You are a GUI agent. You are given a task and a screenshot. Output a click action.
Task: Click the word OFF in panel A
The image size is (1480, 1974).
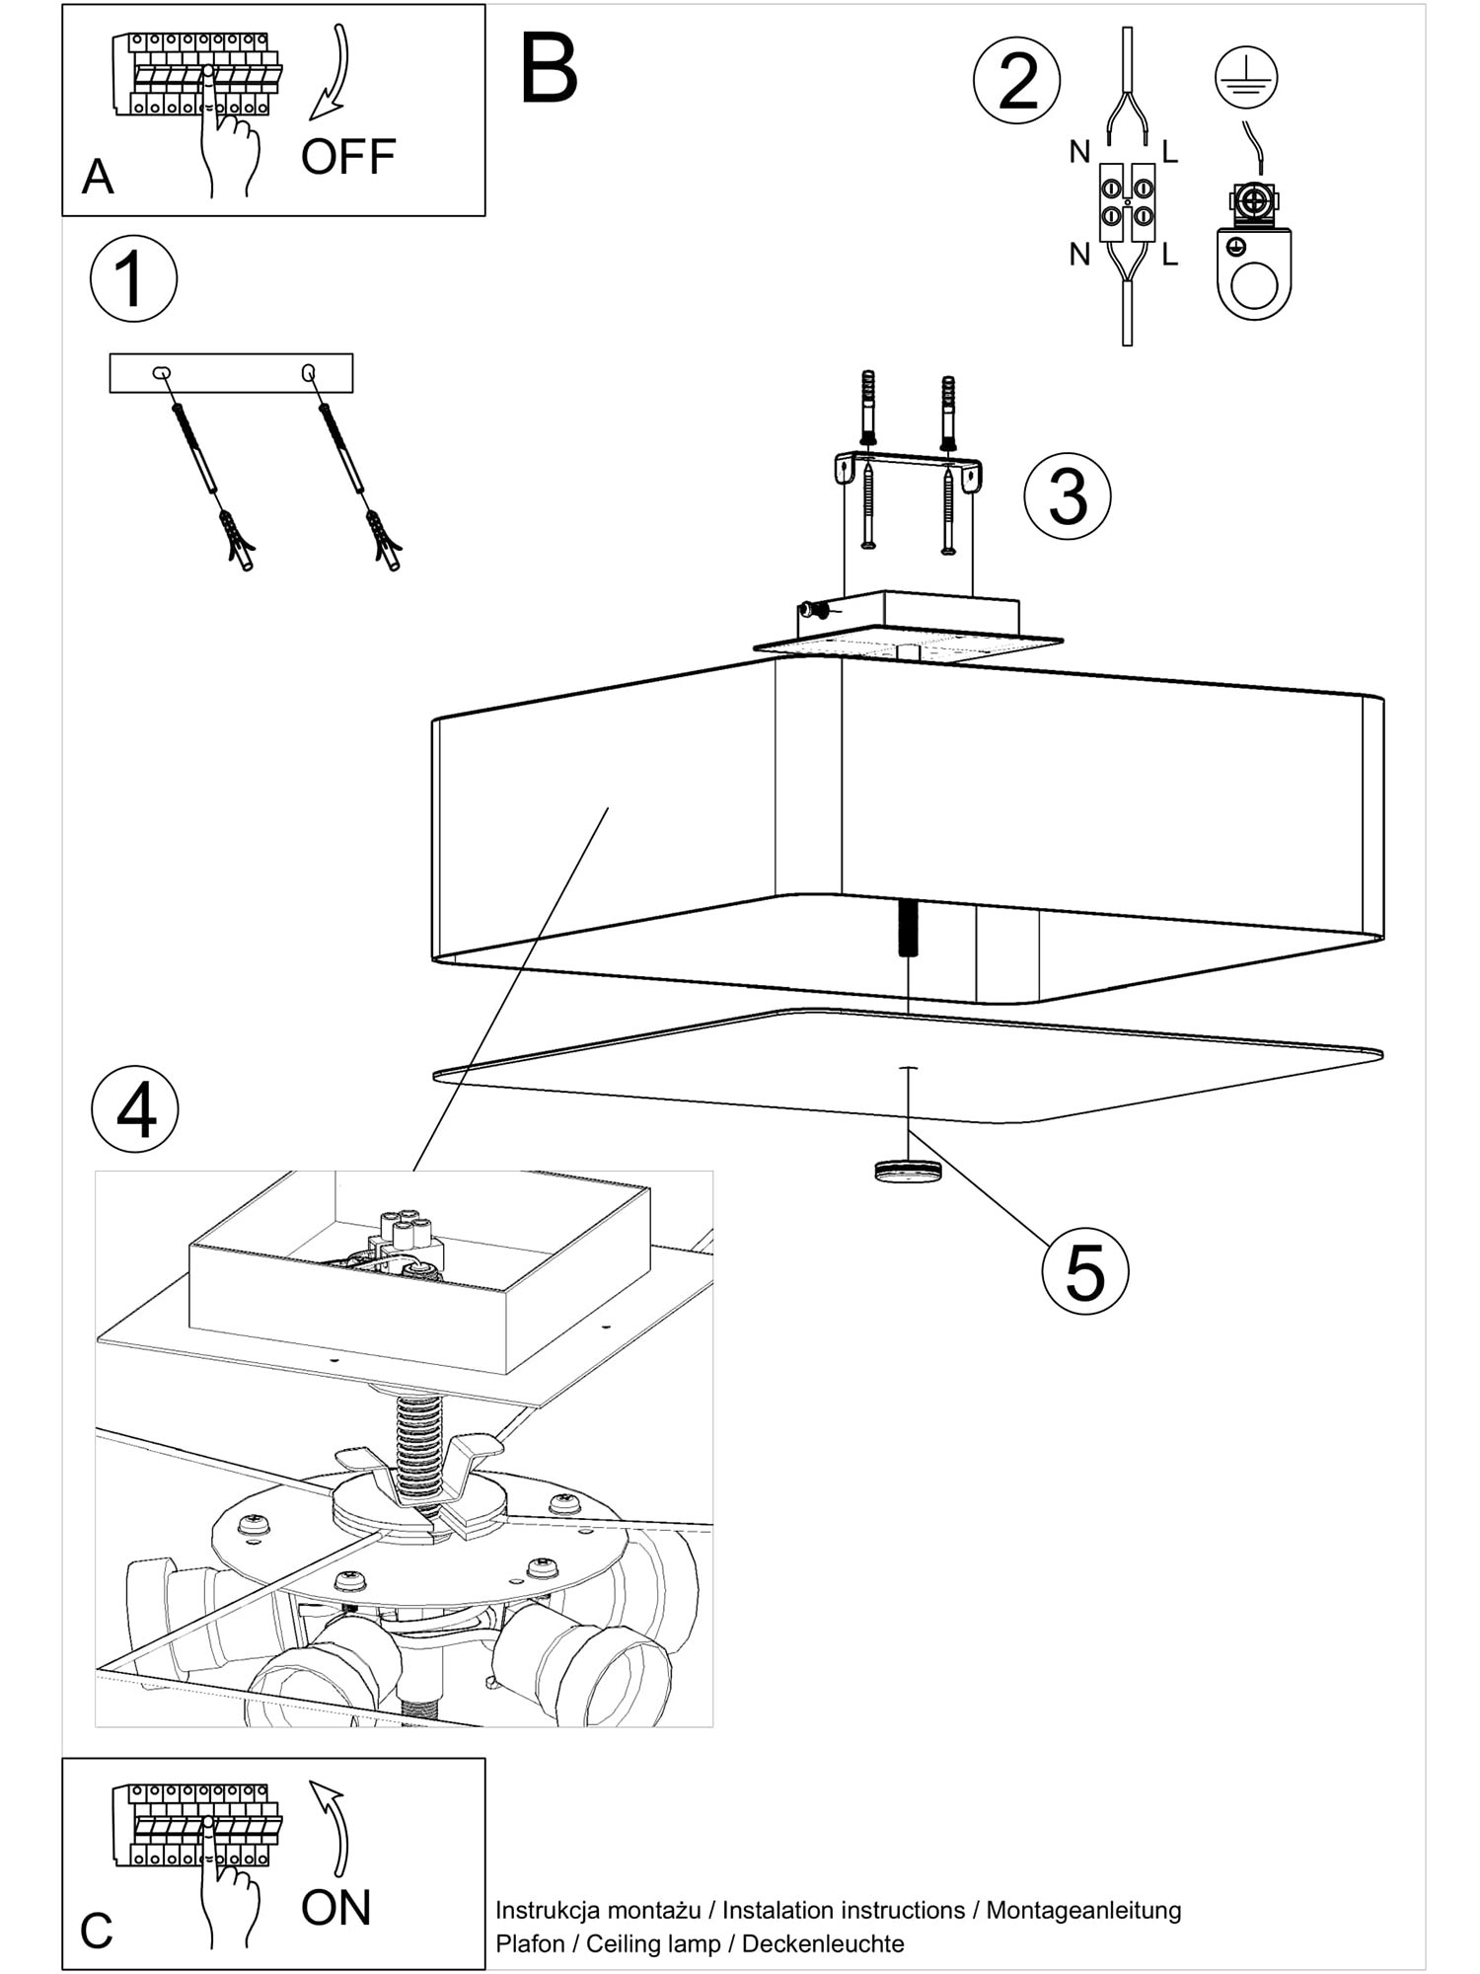[x=347, y=157]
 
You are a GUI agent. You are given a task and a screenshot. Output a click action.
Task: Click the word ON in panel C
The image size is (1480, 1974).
[x=335, y=1908]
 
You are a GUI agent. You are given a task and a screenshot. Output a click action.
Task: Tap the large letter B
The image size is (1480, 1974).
[x=549, y=68]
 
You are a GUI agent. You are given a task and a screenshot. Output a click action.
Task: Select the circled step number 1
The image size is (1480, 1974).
[x=133, y=278]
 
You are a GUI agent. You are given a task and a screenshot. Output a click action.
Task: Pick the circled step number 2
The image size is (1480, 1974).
[x=1017, y=81]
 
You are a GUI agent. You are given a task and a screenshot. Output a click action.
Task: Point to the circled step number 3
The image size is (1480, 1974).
[x=1068, y=495]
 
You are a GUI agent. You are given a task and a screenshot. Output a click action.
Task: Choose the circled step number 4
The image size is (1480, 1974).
[x=135, y=1110]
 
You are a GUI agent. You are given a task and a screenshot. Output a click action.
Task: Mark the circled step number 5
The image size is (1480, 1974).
[x=1084, y=1272]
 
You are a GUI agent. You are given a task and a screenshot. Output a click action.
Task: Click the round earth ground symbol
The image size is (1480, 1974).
[x=1246, y=78]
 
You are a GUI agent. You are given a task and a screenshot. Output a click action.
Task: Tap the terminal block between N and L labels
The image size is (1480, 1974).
[x=1127, y=201]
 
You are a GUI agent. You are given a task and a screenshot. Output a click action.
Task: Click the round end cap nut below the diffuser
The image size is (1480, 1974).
[x=908, y=1172]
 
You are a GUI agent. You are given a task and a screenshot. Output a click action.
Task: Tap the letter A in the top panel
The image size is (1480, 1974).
[x=98, y=178]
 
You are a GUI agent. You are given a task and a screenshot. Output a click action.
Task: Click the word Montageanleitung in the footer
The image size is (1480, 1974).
[x=1083, y=1910]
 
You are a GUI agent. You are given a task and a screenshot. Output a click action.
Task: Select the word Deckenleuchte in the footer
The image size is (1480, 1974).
[x=823, y=1943]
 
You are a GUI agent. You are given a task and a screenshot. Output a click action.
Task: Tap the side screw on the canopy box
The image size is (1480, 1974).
[x=815, y=611]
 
